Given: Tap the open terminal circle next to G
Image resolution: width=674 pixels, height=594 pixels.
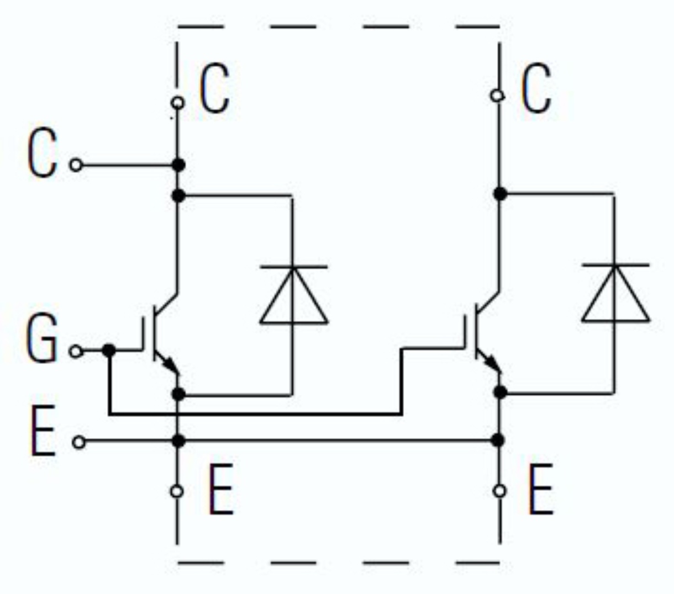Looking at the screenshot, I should [x=76, y=351].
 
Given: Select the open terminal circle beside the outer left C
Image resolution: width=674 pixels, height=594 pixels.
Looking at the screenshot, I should [x=76, y=165].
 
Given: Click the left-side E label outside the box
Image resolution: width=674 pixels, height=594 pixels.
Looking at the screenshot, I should [x=43, y=431].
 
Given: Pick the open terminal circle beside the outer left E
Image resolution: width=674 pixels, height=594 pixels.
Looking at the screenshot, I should [x=79, y=442].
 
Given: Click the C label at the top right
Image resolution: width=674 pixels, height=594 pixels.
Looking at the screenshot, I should [x=536, y=88].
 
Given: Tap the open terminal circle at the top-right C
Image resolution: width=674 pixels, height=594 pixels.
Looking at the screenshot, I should [x=497, y=96].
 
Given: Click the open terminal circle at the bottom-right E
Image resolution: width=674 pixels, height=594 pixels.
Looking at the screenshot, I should [x=499, y=490].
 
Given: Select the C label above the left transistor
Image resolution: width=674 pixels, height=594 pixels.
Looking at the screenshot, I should [x=214, y=88].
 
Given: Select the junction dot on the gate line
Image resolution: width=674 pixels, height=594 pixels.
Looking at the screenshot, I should [x=109, y=350].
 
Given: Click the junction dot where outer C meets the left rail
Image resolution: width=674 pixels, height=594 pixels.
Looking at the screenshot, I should [x=178, y=165].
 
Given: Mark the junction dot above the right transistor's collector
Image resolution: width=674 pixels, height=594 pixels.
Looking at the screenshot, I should [x=500, y=194].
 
